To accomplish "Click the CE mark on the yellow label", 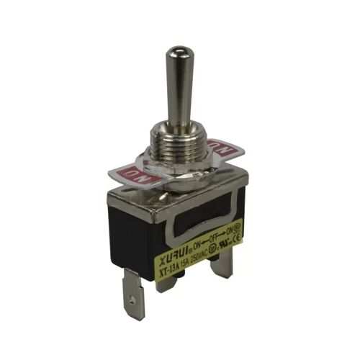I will click(x=235, y=240).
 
